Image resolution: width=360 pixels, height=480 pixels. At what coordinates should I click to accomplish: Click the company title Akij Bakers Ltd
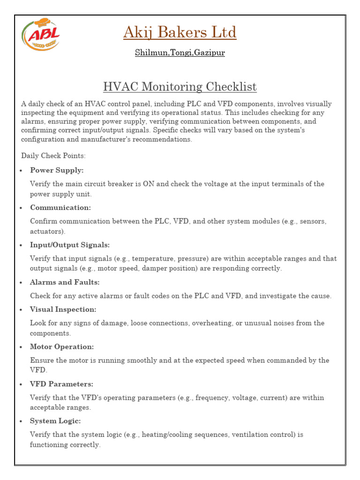pyautogui.click(x=180, y=33)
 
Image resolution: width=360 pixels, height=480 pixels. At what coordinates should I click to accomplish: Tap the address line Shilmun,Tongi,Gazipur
pyautogui.click(x=180, y=52)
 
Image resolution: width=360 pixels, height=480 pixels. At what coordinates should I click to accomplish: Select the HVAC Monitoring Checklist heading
pyautogui.click(x=180, y=87)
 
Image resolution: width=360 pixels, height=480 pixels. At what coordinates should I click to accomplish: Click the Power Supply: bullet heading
pyautogui.click(x=57, y=170)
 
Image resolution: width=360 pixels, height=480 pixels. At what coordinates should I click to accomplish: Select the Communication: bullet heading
pyautogui.click(x=60, y=207)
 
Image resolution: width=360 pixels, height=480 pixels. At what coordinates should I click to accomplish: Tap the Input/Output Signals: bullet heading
pyautogui.click(x=70, y=245)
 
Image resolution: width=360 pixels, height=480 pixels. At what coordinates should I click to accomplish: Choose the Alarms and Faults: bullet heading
pyautogui.click(x=65, y=282)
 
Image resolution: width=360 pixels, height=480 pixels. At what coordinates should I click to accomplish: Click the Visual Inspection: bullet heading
pyautogui.click(x=63, y=309)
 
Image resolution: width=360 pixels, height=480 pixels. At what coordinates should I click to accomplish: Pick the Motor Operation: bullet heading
pyautogui.click(x=62, y=347)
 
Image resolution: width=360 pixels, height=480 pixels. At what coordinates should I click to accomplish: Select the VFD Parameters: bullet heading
pyautogui.click(x=61, y=384)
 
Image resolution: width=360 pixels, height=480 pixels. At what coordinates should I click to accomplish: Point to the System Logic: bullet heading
pyautogui.click(x=55, y=421)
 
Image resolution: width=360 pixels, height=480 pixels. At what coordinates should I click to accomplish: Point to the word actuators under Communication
pyautogui.click(x=47, y=231)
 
